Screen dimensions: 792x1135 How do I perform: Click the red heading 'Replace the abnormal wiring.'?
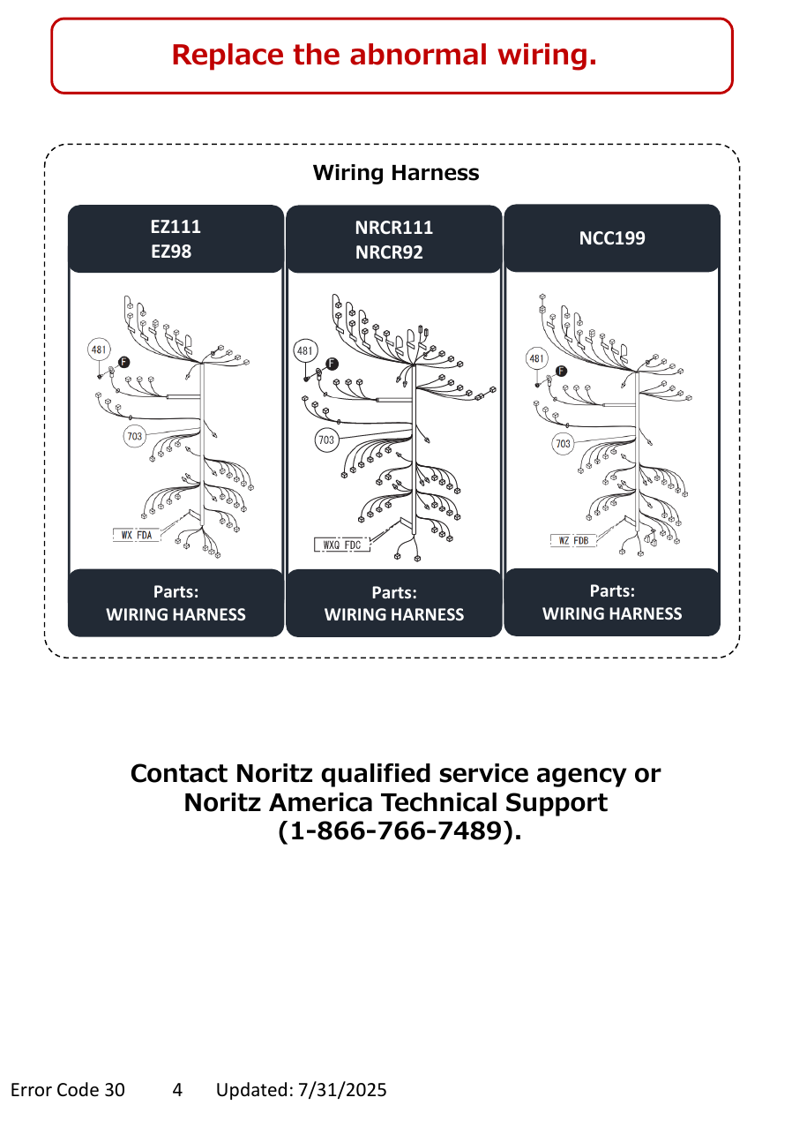point(385,55)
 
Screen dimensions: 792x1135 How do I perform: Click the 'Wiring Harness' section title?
point(395,173)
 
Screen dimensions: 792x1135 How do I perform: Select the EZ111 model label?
point(176,227)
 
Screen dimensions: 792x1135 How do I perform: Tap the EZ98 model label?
point(171,252)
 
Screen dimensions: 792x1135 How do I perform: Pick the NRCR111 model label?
point(394,228)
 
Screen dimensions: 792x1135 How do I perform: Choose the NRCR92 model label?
point(389,252)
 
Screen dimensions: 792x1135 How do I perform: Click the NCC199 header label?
point(612,238)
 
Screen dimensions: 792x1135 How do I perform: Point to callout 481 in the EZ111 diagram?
point(99,350)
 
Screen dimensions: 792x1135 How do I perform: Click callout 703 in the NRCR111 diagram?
point(326,440)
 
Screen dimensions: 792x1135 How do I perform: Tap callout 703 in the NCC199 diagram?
point(563,444)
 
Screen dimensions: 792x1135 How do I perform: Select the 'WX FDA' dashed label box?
point(136,535)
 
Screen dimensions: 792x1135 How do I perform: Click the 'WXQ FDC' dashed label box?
point(342,545)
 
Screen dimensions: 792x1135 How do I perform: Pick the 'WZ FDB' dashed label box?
point(573,541)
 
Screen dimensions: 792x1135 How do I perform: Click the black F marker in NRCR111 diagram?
point(332,364)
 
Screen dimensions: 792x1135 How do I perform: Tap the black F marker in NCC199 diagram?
point(561,371)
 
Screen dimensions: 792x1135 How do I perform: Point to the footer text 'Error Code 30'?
point(67,1090)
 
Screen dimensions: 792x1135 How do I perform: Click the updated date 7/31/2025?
point(342,1090)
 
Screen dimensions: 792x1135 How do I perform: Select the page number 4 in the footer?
point(177,1090)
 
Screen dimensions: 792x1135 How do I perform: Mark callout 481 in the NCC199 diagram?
point(536,358)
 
